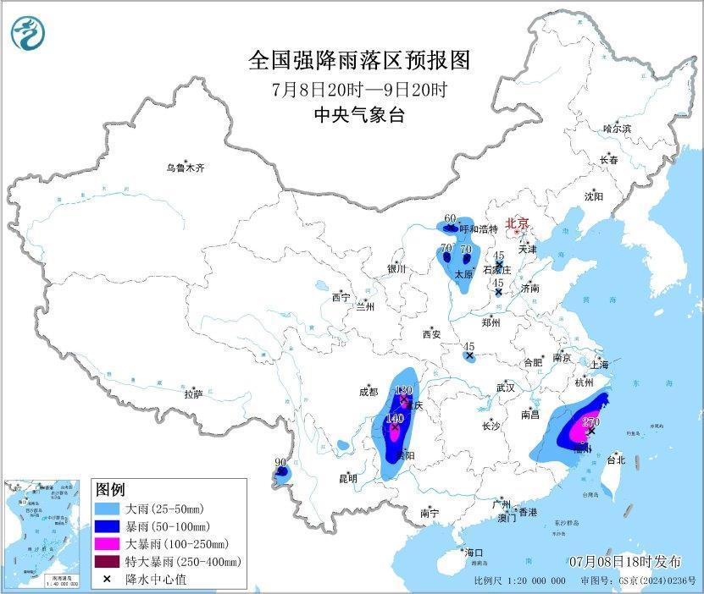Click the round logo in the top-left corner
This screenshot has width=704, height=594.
28,33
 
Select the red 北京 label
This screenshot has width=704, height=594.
516,223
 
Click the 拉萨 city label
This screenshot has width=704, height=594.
193,393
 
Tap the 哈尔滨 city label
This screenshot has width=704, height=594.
617,129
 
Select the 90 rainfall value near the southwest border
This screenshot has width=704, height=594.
280,463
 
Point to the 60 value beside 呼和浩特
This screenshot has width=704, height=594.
450,218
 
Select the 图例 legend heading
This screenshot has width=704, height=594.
110,490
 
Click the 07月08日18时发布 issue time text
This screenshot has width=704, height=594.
626,562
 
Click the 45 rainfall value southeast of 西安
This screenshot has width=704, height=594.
468,346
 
